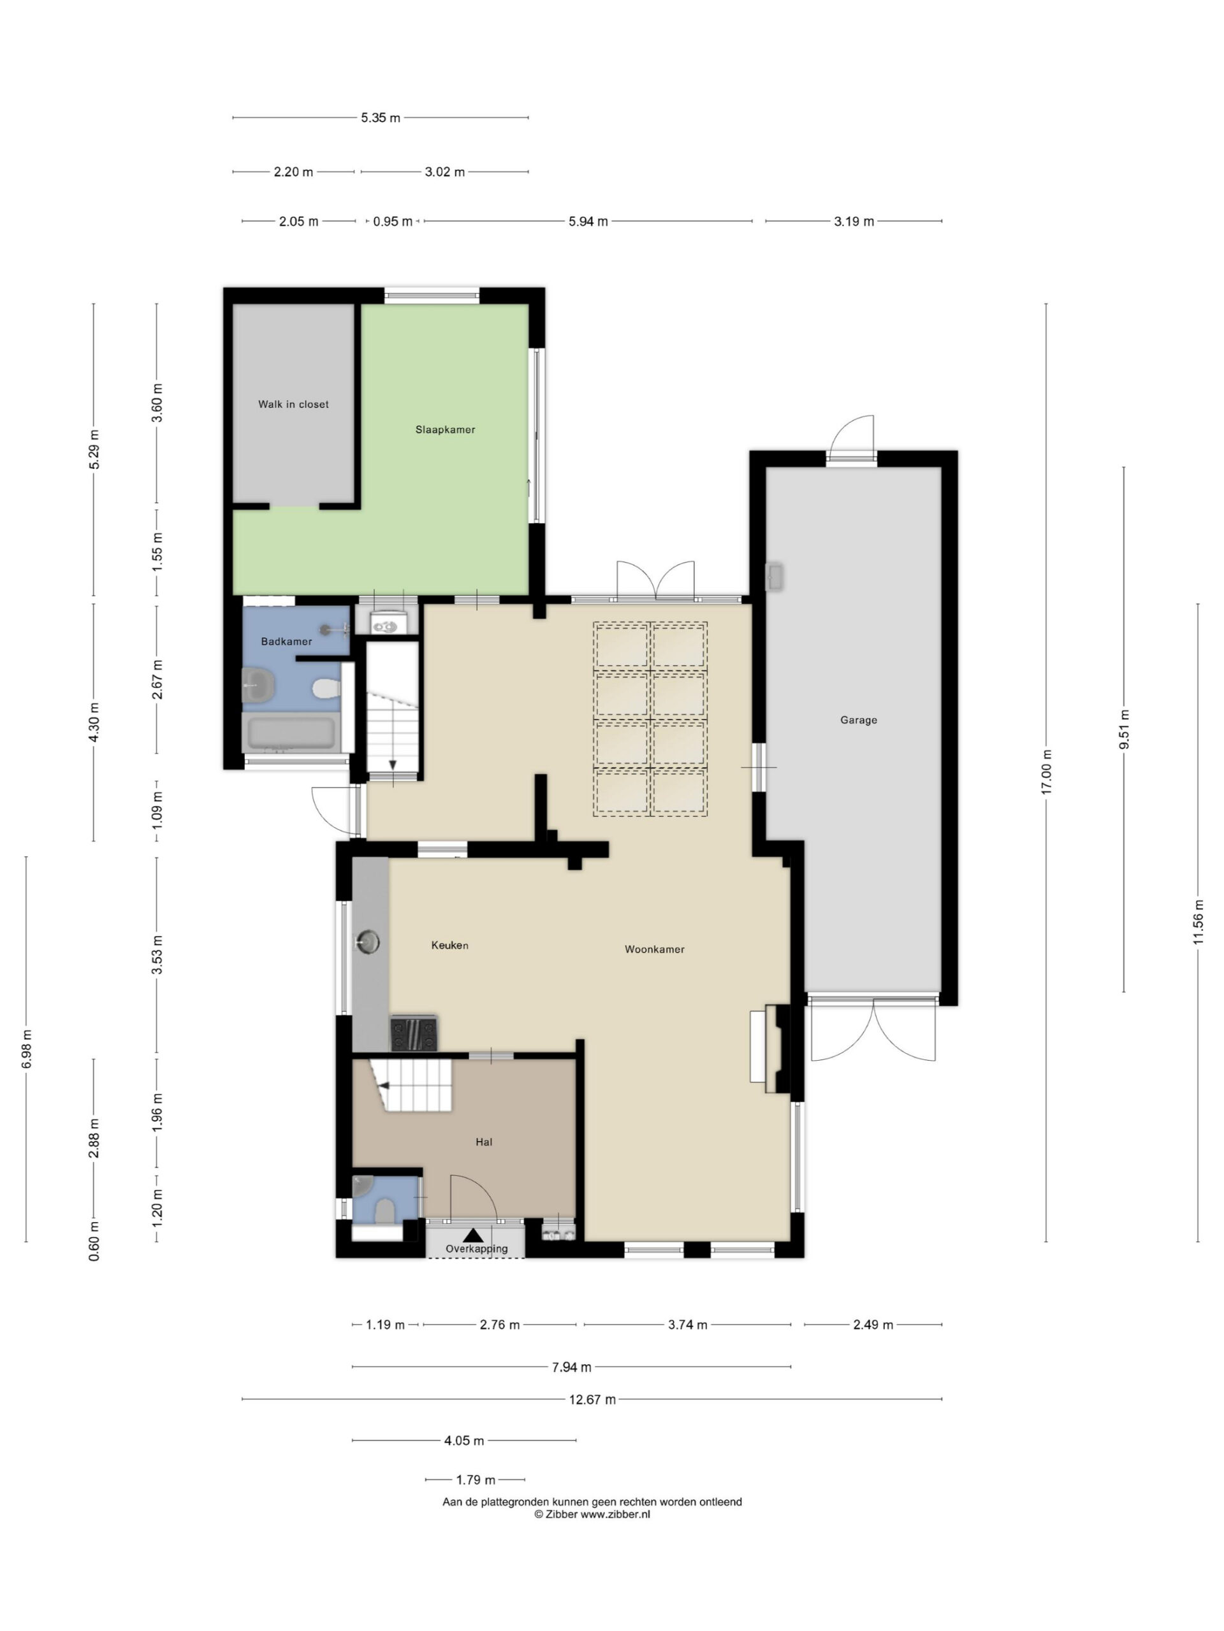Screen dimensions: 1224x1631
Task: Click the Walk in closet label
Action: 293,404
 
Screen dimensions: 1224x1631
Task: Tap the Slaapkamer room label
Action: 445,429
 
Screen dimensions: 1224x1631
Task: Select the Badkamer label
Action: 286,642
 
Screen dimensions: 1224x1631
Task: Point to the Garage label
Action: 858,720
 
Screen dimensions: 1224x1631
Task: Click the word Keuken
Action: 449,945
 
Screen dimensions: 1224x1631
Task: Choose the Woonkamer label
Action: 655,949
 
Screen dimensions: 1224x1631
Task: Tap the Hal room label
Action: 484,1142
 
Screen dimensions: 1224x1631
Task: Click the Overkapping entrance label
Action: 477,1248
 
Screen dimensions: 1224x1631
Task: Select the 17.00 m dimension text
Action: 1045,772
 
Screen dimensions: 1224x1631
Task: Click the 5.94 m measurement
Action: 588,221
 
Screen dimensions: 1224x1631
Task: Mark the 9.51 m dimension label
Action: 1124,729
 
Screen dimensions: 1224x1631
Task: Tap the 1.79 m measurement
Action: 475,1480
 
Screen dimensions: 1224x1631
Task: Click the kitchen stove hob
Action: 413,1033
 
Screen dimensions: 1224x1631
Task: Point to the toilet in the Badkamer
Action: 325,689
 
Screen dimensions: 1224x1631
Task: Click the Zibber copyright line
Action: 592,1514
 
